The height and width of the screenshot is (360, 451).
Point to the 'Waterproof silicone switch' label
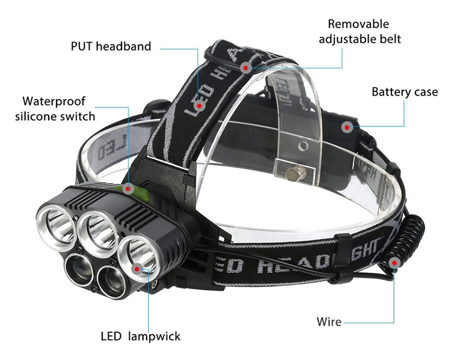coord(55,108)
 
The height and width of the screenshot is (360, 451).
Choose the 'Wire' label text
coord(329,322)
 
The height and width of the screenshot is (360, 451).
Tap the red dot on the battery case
coord(347,126)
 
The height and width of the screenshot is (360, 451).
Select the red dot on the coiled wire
coord(394,263)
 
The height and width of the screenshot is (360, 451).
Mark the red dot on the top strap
coord(246,67)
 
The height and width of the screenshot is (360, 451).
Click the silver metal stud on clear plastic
coord(293,174)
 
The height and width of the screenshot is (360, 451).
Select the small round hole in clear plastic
coord(304,146)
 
